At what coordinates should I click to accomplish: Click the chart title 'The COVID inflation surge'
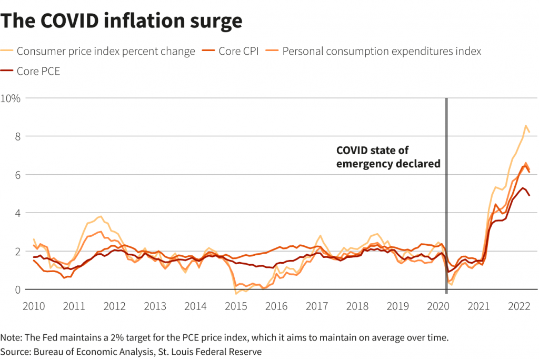[x=122, y=21]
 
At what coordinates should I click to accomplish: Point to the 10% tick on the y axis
[x=11, y=98]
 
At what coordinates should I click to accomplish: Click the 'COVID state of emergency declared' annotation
[x=388, y=157]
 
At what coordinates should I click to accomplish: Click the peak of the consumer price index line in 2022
[x=525, y=126]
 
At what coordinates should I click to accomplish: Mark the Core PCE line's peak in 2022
[x=523, y=188]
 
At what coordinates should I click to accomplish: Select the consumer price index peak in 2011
[x=100, y=216]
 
